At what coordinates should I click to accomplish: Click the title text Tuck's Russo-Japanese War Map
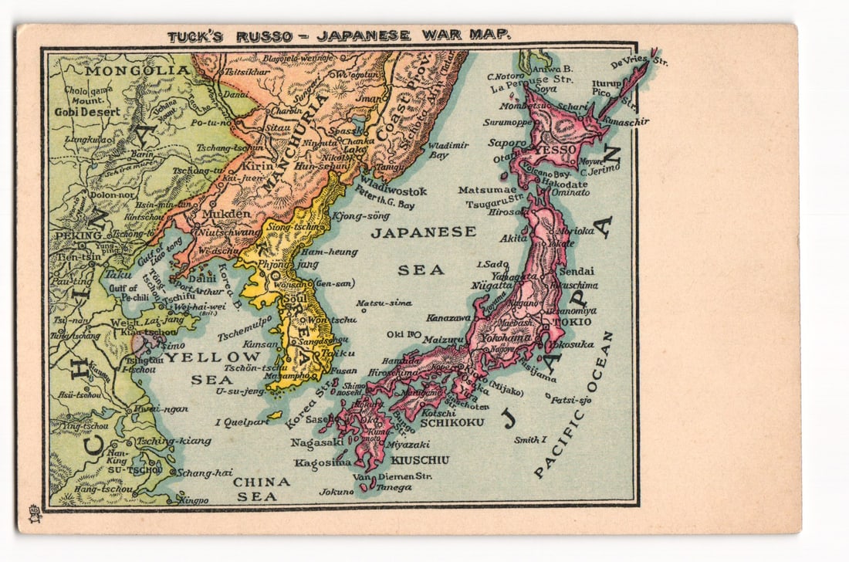(339, 35)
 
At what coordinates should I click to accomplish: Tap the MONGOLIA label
(137, 70)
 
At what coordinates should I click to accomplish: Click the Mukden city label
(226, 214)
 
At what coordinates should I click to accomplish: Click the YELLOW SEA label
(213, 368)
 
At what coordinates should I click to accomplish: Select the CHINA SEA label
(261, 489)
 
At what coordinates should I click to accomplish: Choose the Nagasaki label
(317, 442)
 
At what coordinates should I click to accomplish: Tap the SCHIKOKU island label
(453, 422)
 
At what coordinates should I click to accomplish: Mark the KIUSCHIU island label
(420, 460)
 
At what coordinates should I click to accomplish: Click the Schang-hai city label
(204, 472)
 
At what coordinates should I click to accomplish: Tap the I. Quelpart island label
(242, 422)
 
